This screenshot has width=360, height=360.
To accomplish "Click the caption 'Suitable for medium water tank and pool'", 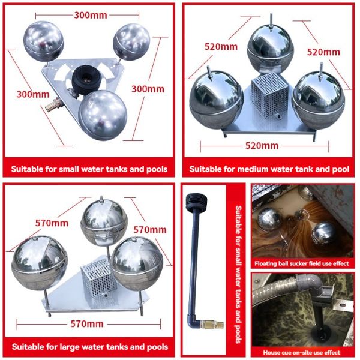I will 268,169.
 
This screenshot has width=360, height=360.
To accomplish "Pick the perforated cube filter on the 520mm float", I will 266,95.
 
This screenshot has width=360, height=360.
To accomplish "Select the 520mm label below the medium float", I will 262,146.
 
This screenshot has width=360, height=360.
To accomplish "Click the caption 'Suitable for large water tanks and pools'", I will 89,347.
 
